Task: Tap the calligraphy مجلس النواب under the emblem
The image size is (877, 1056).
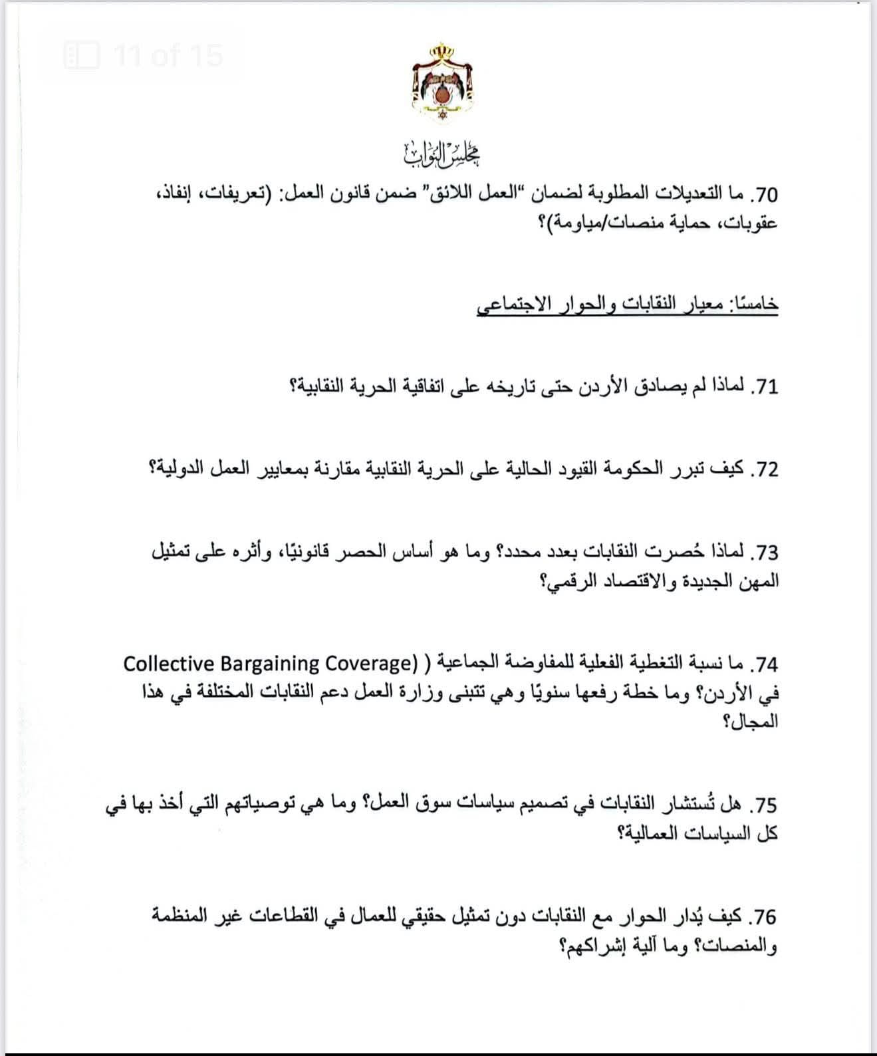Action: [442, 154]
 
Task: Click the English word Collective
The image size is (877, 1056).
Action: [169, 664]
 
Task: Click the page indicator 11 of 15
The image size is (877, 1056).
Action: [168, 55]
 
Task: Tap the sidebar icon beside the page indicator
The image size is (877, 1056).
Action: [81, 55]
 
